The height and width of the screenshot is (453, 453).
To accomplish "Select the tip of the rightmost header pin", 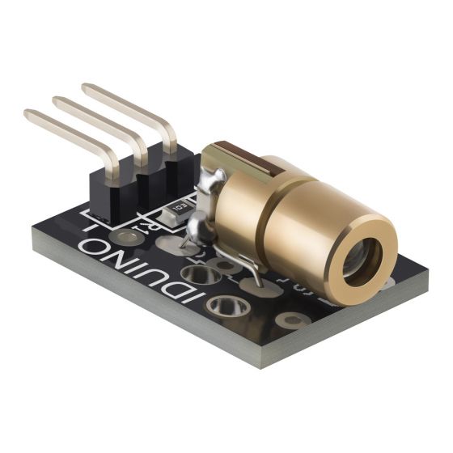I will [x=87, y=88].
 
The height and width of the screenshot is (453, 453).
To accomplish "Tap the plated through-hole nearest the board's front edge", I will [x=224, y=304].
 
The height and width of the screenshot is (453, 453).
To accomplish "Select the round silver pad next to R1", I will [x=125, y=236].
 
